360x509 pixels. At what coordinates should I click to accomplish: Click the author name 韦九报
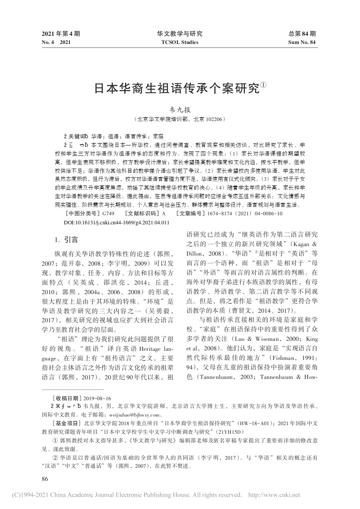[180, 110]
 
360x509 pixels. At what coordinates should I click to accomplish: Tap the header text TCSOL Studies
[180, 42]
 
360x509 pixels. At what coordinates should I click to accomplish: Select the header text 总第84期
[302, 34]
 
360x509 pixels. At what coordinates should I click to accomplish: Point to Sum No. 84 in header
[302, 42]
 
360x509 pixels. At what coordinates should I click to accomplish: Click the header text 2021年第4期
[61, 34]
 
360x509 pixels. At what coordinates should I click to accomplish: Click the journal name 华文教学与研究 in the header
[180, 34]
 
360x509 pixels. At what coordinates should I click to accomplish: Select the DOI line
[117, 210]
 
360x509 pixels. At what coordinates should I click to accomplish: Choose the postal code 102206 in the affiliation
[212, 120]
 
